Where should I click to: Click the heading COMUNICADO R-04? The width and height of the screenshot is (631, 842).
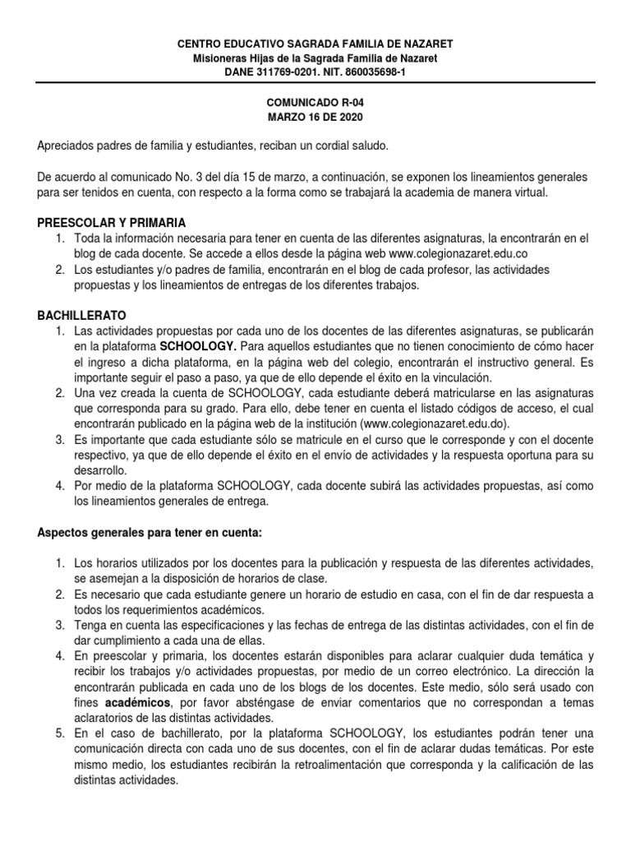(315, 104)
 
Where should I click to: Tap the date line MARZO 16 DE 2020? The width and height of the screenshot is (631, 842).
(315, 118)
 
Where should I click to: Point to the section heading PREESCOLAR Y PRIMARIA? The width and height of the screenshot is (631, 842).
(112, 223)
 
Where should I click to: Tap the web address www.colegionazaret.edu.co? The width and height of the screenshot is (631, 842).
(457, 253)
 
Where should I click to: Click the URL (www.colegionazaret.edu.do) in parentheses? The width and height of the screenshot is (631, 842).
(435, 423)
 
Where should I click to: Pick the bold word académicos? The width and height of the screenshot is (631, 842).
(138, 704)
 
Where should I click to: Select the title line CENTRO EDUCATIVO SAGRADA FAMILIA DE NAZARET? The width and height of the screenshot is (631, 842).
(315, 43)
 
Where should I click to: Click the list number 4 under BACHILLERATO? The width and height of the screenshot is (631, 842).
(60, 485)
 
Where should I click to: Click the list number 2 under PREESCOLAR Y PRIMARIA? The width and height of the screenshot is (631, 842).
(60, 270)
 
